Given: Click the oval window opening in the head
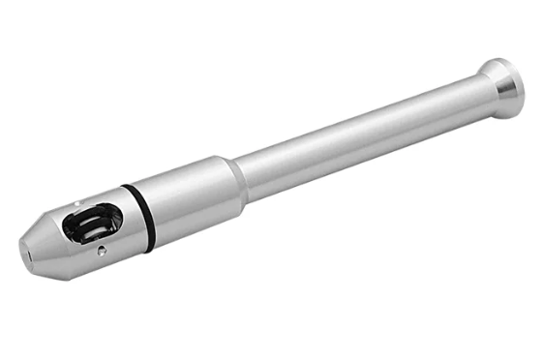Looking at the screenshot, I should click(x=92, y=224).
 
